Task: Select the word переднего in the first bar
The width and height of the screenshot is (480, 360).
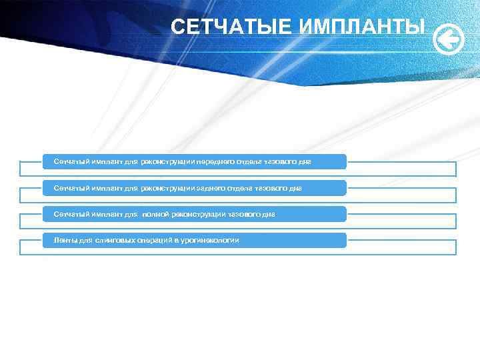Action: pos(221,162)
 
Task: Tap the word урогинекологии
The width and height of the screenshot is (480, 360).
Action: pos(210,240)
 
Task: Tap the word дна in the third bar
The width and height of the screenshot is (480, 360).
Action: pos(268,214)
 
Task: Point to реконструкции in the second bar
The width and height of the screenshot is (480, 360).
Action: pos(168,188)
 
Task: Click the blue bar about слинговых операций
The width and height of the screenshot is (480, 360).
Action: pos(293,240)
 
